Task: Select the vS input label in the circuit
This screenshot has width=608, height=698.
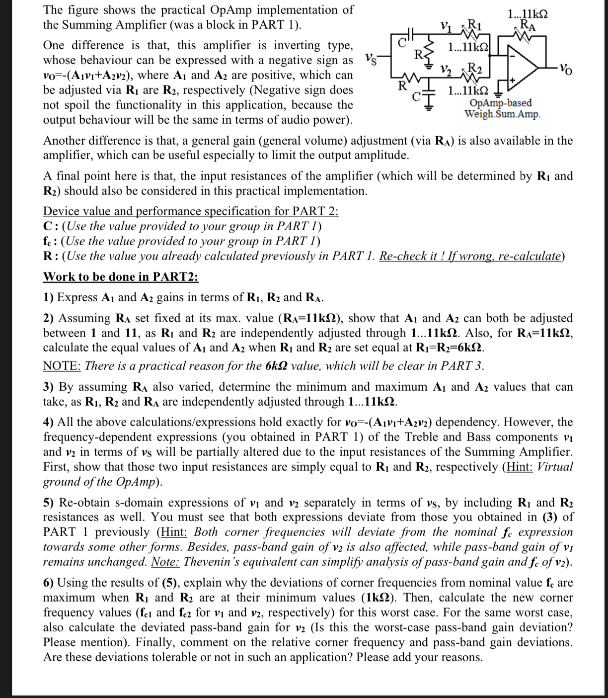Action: pos(371,58)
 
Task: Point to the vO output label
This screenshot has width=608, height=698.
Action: pos(566,68)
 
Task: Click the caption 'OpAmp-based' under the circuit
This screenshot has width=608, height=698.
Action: pos(500,102)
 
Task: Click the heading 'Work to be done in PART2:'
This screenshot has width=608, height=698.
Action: pos(121,276)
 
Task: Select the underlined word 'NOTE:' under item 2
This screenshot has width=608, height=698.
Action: pos(62,366)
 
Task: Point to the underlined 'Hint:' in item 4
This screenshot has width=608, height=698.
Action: pos(519,467)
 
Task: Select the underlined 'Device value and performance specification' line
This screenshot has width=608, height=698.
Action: pos(191,211)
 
